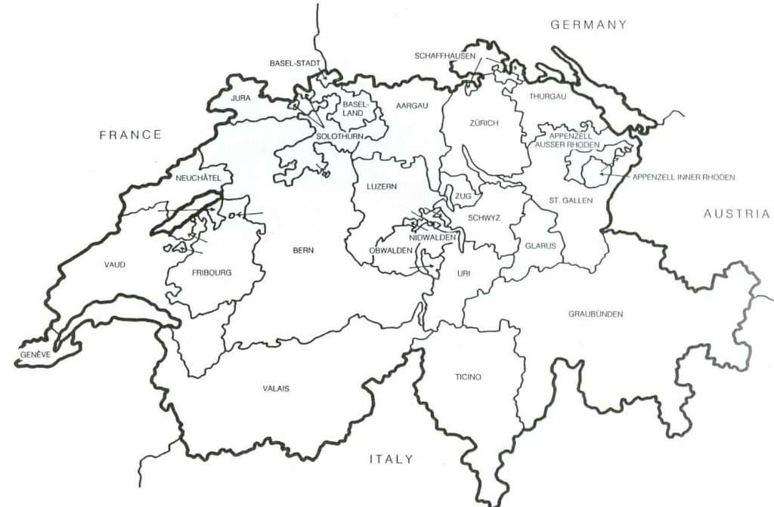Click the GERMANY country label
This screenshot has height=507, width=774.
(x=589, y=24)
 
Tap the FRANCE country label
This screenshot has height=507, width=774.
(x=131, y=134)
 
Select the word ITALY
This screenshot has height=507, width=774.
(x=391, y=459)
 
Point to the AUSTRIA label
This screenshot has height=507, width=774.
(x=736, y=214)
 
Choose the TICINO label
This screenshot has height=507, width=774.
(x=468, y=377)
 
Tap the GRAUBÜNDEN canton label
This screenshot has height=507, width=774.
(x=596, y=314)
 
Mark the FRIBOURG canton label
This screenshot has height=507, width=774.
(x=212, y=272)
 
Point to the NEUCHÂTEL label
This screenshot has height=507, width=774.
(x=197, y=178)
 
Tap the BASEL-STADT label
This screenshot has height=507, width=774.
(x=295, y=63)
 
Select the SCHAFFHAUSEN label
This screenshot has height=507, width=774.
(x=444, y=56)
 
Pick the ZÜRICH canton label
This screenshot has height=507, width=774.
(x=483, y=123)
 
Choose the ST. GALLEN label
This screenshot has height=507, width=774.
(x=571, y=200)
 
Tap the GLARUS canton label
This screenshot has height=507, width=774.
(x=540, y=246)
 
